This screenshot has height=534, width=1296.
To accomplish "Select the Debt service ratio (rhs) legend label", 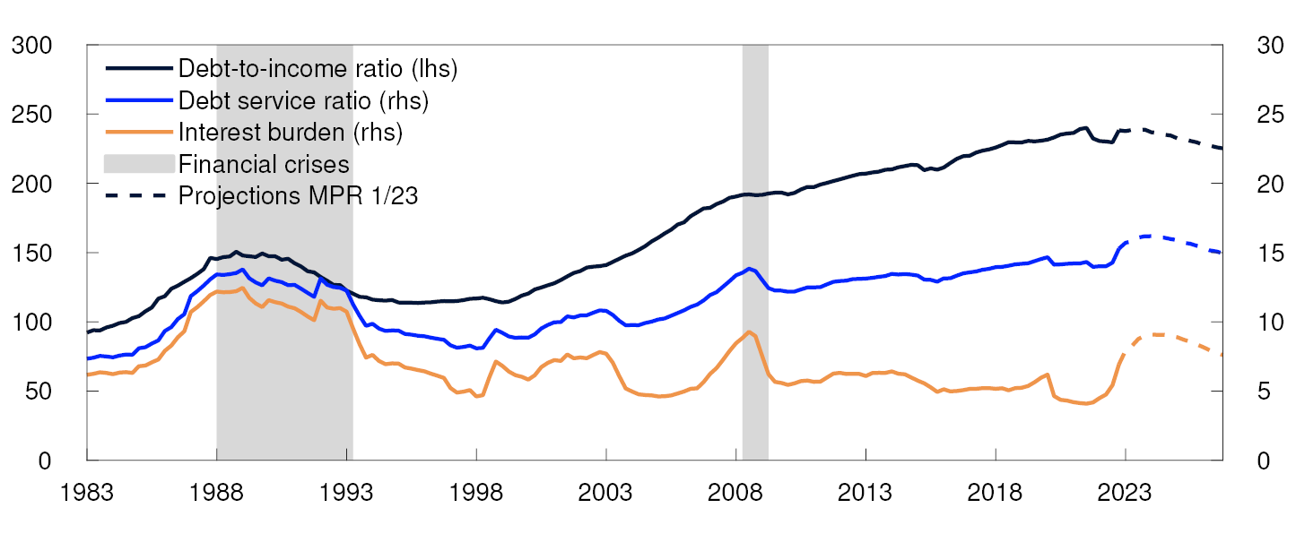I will (x=304, y=100).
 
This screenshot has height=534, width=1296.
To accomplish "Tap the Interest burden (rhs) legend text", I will (x=291, y=133).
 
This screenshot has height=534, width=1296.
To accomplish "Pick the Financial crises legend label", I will (x=264, y=164).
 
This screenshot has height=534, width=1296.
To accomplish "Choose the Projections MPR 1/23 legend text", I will (x=298, y=195).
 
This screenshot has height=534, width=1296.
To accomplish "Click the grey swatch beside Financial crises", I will (x=139, y=164).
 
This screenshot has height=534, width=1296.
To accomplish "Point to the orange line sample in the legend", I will (x=139, y=133).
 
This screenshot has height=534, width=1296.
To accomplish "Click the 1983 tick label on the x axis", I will (x=87, y=493).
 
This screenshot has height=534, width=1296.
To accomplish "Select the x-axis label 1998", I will (x=476, y=493).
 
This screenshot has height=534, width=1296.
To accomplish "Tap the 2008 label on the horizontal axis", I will (x=735, y=493).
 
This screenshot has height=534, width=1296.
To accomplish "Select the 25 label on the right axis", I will (x=1260, y=114).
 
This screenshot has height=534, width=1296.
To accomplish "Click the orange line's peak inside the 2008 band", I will (x=749, y=332).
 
